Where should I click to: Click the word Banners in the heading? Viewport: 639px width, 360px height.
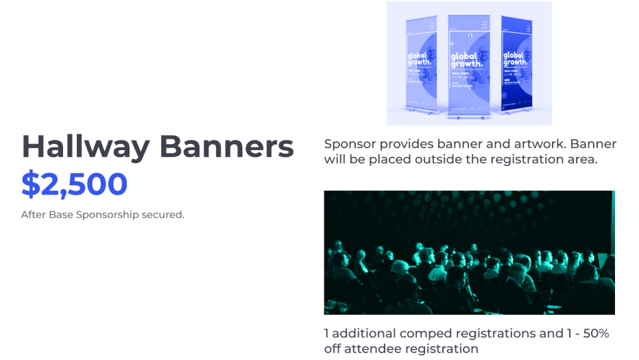(227, 147)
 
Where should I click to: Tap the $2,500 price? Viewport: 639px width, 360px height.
(74, 184)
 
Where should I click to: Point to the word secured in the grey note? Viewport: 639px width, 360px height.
(162, 215)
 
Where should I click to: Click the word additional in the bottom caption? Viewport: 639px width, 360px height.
(365, 333)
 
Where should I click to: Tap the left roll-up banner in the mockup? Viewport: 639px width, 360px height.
(421, 65)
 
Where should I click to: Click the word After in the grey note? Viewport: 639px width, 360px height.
(33, 215)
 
